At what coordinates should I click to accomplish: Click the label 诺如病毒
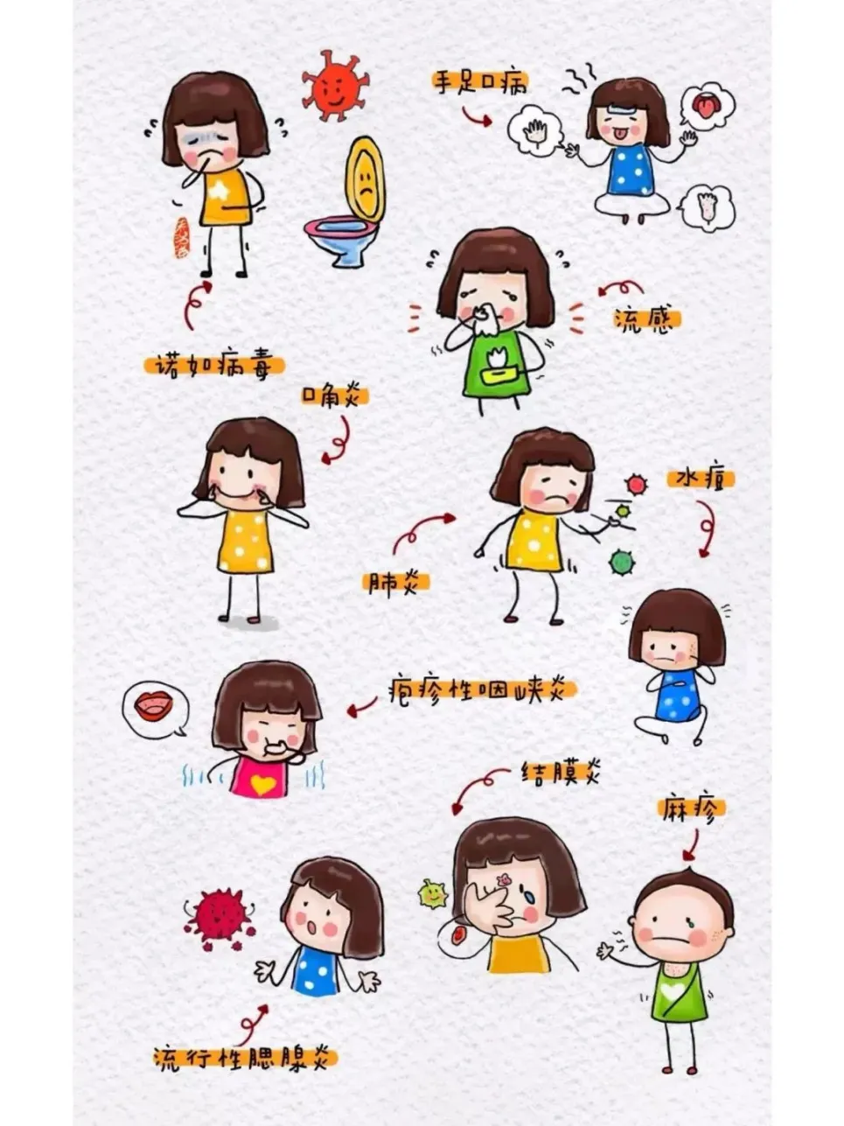(213, 364)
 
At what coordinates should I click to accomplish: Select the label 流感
(646, 320)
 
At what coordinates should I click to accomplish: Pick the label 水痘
(700, 479)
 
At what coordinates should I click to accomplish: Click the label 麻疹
(691, 808)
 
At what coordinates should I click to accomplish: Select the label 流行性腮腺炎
(245, 1058)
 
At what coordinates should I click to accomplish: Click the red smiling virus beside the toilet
(333, 85)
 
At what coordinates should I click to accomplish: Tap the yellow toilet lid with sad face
(365, 178)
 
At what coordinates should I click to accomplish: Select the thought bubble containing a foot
(708, 207)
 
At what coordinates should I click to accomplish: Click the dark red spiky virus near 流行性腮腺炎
(219, 916)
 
